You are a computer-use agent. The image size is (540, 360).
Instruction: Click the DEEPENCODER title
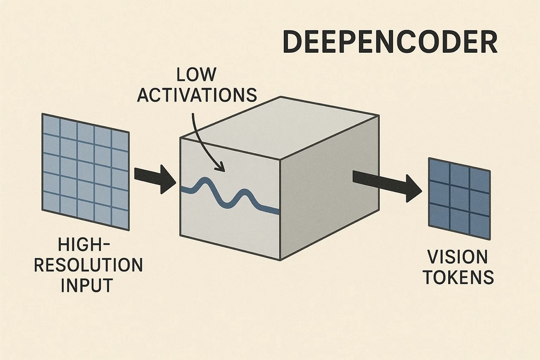(x=390, y=43)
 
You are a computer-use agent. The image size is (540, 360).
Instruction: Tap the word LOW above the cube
(x=196, y=75)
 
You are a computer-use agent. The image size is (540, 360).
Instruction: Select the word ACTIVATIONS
(x=197, y=95)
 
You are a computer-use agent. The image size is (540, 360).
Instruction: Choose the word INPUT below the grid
(x=87, y=286)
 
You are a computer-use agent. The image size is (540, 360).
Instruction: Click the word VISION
(x=457, y=257)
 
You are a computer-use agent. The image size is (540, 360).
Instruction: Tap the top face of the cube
(x=278, y=120)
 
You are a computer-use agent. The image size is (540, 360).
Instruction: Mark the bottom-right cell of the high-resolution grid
(x=120, y=218)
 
